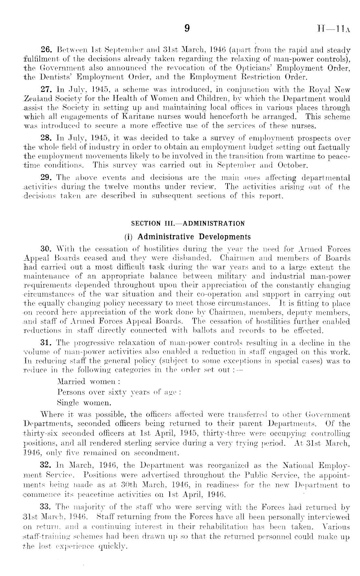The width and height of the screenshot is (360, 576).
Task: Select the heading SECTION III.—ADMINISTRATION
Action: (x=188, y=223)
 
